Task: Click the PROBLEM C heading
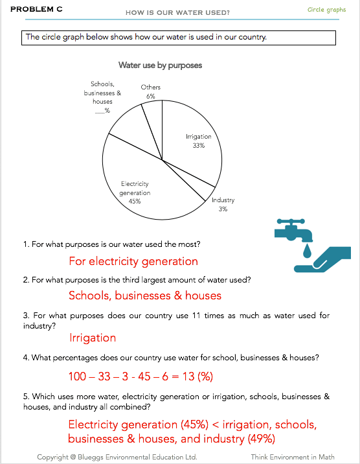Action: pos(36,9)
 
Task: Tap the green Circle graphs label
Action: pos(326,10)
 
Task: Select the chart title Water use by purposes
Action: pos(160,65)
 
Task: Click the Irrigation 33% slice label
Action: pos(199,141)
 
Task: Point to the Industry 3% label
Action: pos(223,205)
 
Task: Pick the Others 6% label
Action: pos(151,91)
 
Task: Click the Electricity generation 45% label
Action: pos(135,192)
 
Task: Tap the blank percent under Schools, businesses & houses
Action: pos(102,111)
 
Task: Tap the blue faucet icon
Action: pos(293,230)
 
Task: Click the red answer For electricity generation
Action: pos(133,261)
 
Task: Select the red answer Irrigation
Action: pos(93,338)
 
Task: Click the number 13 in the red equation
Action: pos(188,377)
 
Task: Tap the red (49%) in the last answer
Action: pos(262,439)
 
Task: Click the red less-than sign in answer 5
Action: pos(216,425)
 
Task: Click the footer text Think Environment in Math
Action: pos(293,457)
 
